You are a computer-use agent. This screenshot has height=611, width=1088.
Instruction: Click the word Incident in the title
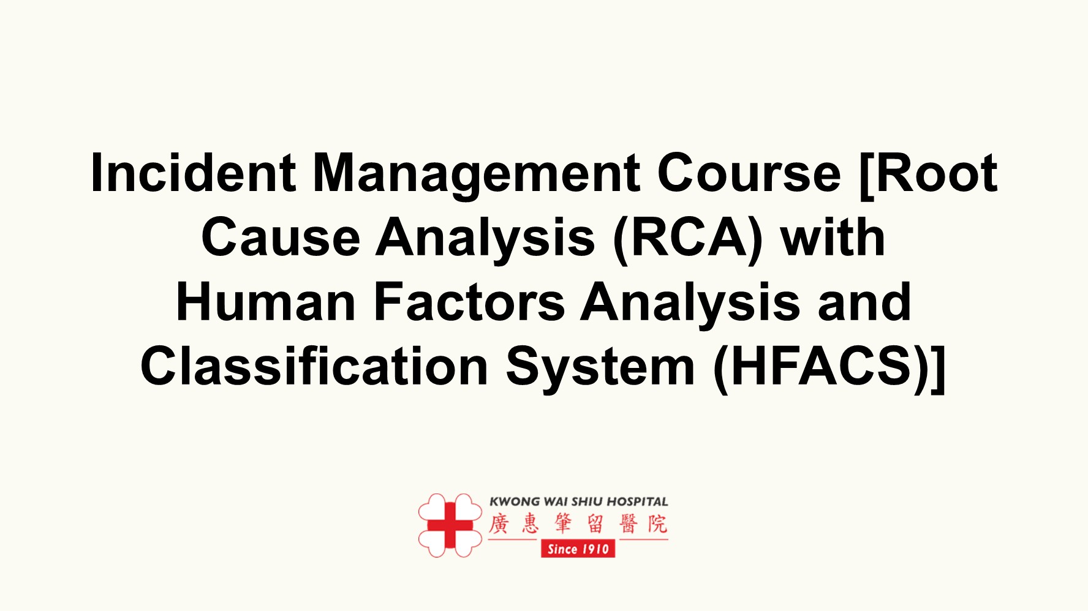(193, 173)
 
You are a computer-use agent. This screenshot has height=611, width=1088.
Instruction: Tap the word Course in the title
(749, 173)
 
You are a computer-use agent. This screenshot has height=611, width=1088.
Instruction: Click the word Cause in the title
(281, 238)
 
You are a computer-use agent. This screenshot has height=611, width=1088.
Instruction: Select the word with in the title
(833, 238)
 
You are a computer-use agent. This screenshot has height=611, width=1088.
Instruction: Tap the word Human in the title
(266, 302)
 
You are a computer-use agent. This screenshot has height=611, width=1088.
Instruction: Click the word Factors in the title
(469, 302)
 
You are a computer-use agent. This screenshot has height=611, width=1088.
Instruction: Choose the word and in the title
(864, 302)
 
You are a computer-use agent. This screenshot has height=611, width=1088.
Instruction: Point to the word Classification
(314, 366)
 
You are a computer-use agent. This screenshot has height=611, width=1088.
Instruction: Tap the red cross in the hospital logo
(450, 525)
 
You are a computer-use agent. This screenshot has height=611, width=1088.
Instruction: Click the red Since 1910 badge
(578, 549)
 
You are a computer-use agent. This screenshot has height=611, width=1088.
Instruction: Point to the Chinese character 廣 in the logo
(499, 524)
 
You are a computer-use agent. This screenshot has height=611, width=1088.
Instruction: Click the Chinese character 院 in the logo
(657, 524)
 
